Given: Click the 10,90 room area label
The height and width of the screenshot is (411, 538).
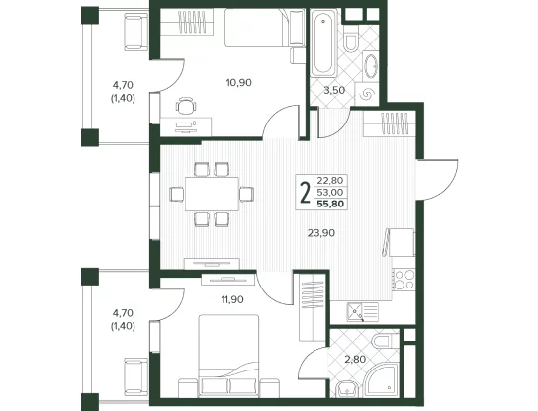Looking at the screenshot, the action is (x=238, y=83).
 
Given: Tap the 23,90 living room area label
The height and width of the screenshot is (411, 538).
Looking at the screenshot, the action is (x=321, y=233).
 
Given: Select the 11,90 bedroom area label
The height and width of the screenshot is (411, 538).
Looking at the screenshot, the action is (x=232, y=300).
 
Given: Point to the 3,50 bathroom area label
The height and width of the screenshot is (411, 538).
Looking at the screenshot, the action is (x=334, y=91).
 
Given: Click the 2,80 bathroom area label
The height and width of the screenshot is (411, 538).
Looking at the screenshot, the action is (x=355, y=360).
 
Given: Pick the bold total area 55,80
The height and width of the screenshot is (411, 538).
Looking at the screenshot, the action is (x=330, y=205).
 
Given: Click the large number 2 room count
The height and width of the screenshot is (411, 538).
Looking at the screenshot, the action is (x=305, y=193).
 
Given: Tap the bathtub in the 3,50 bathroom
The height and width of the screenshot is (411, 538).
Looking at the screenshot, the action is (x=323, y=42).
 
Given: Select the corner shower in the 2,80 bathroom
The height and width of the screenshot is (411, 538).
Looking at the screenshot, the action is (x=381, y=379).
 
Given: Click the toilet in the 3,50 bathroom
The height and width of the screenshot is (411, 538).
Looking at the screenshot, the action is (x=350, y=40).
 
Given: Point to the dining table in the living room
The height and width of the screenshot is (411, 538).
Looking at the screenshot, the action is (x=212, y=194).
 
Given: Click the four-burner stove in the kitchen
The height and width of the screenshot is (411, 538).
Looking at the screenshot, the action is (x=403, y=280).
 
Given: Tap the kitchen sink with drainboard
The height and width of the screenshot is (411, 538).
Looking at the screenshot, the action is (x=363, y=312).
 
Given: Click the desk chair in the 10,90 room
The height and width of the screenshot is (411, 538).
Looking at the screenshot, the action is (x=186, y=106).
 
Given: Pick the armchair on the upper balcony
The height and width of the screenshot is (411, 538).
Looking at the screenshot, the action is (x=135, y=32).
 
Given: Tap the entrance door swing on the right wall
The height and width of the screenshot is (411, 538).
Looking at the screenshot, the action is (x=437, y=180).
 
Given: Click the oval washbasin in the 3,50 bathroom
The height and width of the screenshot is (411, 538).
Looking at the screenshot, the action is (x=371, y=66).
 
